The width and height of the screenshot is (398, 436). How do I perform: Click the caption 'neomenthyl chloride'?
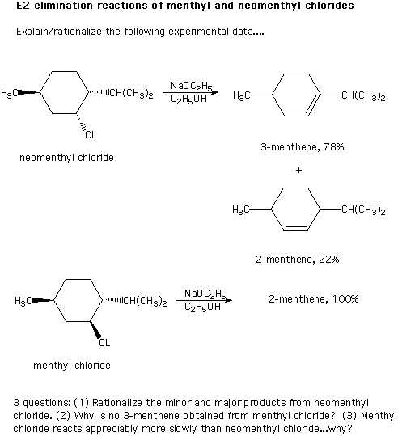(66, 158)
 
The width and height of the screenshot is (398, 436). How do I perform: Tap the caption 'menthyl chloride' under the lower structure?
(72, 365)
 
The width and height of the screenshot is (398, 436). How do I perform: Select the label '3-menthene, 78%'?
(303, 146)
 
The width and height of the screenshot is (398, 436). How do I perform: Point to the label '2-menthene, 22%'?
(298, 259)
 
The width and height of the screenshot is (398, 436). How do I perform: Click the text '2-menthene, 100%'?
(313, 299)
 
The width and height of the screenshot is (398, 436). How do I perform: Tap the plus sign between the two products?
(298, 170)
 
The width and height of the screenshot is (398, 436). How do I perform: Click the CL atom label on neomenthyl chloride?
(91, 135)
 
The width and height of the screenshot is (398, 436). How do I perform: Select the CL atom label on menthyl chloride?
(104, 342)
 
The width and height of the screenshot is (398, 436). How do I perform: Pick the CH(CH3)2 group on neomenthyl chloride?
(132, 93)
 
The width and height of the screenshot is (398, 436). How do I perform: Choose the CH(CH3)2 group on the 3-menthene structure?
(363, 95)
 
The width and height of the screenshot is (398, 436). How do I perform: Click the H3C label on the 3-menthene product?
(241, 95)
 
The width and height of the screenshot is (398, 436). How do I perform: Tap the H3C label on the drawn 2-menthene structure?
(241, 209)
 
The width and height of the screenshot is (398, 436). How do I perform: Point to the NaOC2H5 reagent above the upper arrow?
(192, 86)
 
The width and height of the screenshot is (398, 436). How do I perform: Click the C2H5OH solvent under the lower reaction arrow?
(202, 307)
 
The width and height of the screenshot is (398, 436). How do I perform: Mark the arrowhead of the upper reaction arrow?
(215, 92)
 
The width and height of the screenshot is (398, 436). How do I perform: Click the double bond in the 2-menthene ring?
(295, 228)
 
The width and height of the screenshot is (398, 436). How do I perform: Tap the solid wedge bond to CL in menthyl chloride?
(95, 330)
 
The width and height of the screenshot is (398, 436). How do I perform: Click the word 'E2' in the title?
(23, 6)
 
